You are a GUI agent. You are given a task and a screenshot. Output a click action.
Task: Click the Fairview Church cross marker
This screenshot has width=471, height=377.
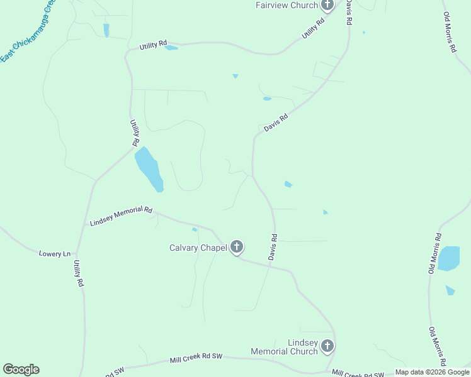pyautogui.click(x=327, y=6)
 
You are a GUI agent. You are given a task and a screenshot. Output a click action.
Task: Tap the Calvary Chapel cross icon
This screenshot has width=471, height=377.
pyautogui.click(x=237, y=247)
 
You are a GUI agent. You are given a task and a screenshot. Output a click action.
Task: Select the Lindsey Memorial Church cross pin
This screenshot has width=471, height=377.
pyautogui.click(x=327, y=346)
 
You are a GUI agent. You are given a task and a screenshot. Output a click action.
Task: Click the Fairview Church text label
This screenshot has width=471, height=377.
pyautogui.click(x=285, y=6)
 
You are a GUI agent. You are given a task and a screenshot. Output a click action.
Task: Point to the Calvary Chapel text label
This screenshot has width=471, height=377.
pyautogui.click(x=198, y=248)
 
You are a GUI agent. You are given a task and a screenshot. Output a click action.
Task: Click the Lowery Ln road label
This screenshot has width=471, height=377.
pyautogui.click(x=55, y=254)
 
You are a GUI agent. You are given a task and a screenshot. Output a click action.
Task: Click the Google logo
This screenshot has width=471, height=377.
pyautogui.click(x=21, y=369)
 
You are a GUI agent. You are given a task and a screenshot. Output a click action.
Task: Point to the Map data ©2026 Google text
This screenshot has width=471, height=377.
pyautogui.click(x=433, y=372)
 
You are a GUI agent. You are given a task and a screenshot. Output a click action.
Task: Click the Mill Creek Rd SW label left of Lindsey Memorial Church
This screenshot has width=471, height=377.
pyautogui.click(x=196, y=358)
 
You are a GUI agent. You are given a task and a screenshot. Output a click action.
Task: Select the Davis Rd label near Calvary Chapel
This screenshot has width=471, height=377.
pyautogui.click(x=273, y=248)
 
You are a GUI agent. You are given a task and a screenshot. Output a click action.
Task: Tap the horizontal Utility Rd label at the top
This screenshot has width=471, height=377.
pyautogui.click(x=153, y=45)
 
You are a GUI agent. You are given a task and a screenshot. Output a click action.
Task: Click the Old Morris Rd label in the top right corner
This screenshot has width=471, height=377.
pyautogui.click(x=450, y=32)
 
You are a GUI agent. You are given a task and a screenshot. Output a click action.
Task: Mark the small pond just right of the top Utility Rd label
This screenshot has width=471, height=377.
pyautogui.click(x=171, y=48)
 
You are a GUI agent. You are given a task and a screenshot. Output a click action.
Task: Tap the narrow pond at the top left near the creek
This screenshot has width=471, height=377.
pyautogui.click(x=106, y=30)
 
